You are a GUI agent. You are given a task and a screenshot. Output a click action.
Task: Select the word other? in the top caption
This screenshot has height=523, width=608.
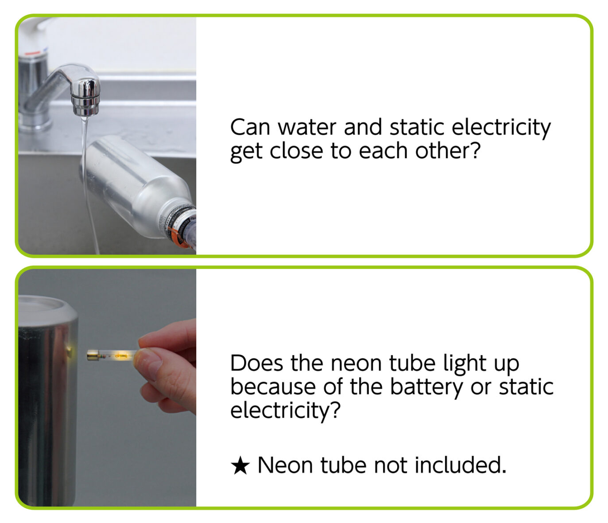(448, 151)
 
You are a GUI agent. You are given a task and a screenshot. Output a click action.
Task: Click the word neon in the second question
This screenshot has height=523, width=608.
(357, 363)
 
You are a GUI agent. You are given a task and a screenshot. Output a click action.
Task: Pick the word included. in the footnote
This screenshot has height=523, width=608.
(461, 465)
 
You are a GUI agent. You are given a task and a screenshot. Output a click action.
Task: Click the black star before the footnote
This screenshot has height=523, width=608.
(240, 465)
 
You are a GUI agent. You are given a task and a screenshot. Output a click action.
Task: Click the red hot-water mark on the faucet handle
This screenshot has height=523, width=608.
(32, 54)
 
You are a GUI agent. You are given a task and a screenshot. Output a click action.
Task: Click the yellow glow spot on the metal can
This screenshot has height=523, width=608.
(70, 350)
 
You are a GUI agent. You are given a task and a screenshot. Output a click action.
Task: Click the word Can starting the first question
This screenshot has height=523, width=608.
(250, 127)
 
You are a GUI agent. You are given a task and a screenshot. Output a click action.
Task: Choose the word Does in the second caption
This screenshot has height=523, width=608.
(256, 363)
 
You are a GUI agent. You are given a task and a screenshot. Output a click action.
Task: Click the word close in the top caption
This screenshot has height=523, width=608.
(297, 151)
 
